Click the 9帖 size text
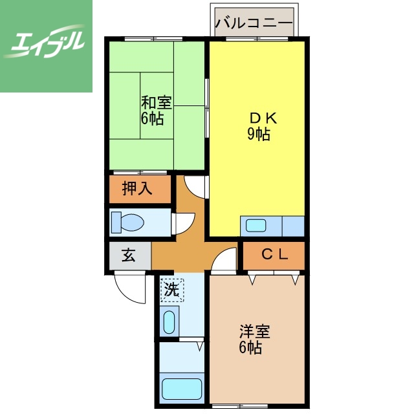tap(258, 135)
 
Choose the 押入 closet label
tap(136, 189)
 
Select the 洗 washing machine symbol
tap(171, 289)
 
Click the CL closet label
tap(274, 254)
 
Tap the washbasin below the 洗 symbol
tap(169, 321)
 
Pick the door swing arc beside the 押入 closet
tap(194, 187)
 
